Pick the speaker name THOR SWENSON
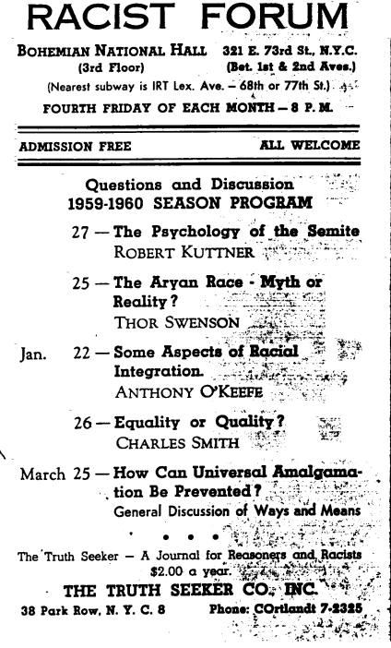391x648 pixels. (166, 320)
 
